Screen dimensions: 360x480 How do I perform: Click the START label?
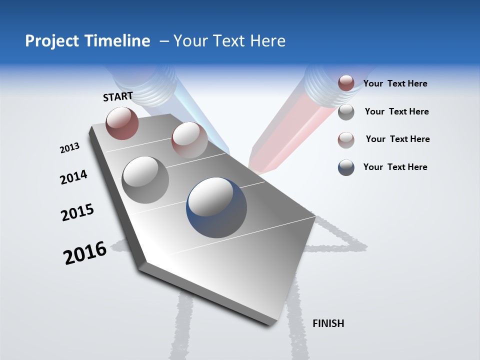118,96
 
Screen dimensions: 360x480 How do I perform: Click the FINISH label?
328,323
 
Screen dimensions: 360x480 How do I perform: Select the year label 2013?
69,148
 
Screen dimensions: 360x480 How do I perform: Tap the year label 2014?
73,177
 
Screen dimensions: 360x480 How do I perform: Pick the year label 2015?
77,212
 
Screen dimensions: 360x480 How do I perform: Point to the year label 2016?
85,252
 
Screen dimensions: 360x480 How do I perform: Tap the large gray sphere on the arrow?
145,179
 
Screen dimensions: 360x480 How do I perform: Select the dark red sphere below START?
122,123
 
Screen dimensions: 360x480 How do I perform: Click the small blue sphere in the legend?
346,167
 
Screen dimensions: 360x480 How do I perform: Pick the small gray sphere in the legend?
346,112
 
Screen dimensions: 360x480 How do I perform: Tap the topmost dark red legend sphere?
346,83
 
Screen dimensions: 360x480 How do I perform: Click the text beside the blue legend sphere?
395,167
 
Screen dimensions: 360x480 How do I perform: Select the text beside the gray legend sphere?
396,111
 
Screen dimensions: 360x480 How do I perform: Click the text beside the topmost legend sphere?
395,83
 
